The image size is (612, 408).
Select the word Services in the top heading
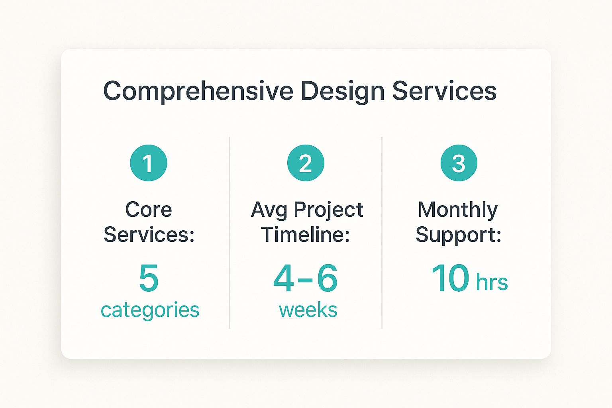pos(444,91)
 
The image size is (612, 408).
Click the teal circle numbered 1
pos(148,163)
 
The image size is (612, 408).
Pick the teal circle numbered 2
pos(306,163)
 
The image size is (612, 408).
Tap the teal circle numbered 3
pos(459,163)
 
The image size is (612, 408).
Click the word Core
pos(149,210)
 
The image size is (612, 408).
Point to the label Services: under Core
pos(149,234)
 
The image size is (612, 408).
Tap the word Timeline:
pos(306,234)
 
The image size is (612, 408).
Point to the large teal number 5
pos(149,278)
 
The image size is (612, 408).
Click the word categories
pos(150,311)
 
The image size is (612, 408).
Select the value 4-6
pos(306,278)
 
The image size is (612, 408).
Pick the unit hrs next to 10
pos(492,282)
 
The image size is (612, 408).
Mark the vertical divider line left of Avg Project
pos(230,233)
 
